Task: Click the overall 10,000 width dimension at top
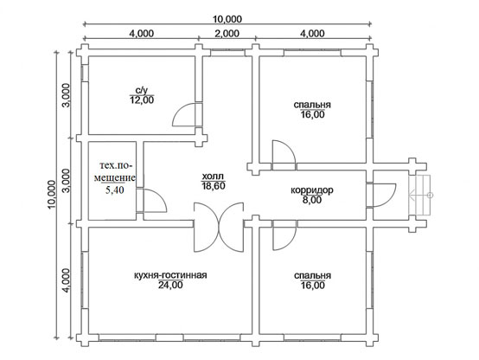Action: (x=227, y=19)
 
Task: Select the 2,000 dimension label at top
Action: (x=227, y=34)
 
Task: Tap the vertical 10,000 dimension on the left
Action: (x=52, y=195)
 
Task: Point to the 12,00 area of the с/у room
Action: (x=142, y=100)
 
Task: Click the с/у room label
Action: (x=142, y=91)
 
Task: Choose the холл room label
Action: (x=213, y=177)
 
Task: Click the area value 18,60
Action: (x=214, y=186)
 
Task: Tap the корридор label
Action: (x=312, y=190)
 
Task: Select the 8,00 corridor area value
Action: (x=312, y=200)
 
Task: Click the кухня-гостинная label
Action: (x=170, y=275)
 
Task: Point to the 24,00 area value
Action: (x=170, y=285)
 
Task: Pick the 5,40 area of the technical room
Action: (x=114, y=190)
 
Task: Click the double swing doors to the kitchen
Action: (x=219, y=227)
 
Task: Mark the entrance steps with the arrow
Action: (x=421, y=195)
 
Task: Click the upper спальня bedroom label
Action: (x=312, y=105)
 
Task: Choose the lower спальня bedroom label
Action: (x=312, y=275)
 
